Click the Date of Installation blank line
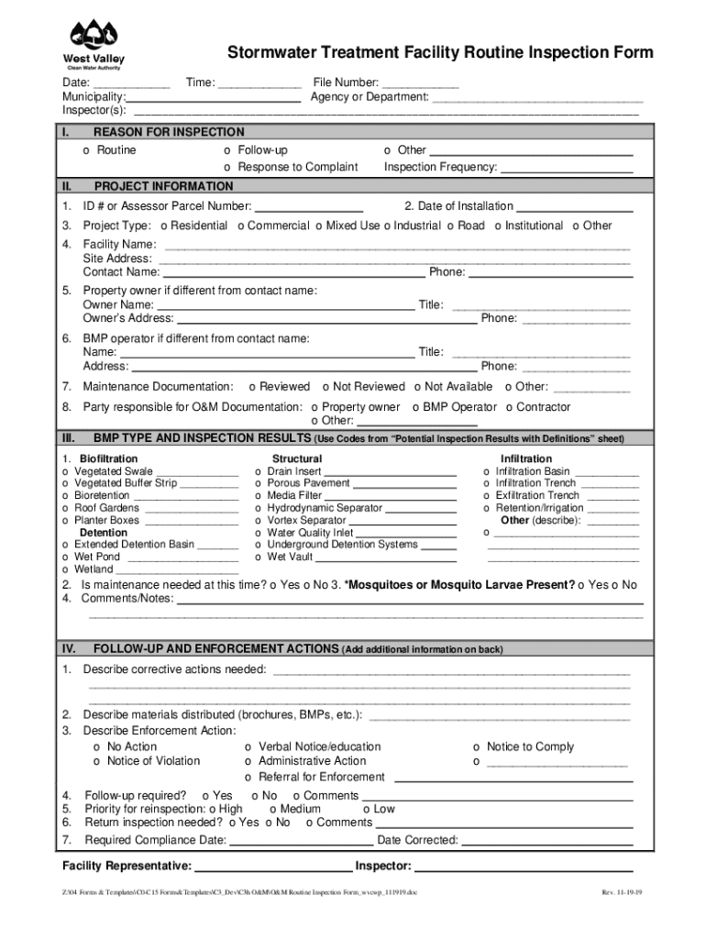pos(574,207)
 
